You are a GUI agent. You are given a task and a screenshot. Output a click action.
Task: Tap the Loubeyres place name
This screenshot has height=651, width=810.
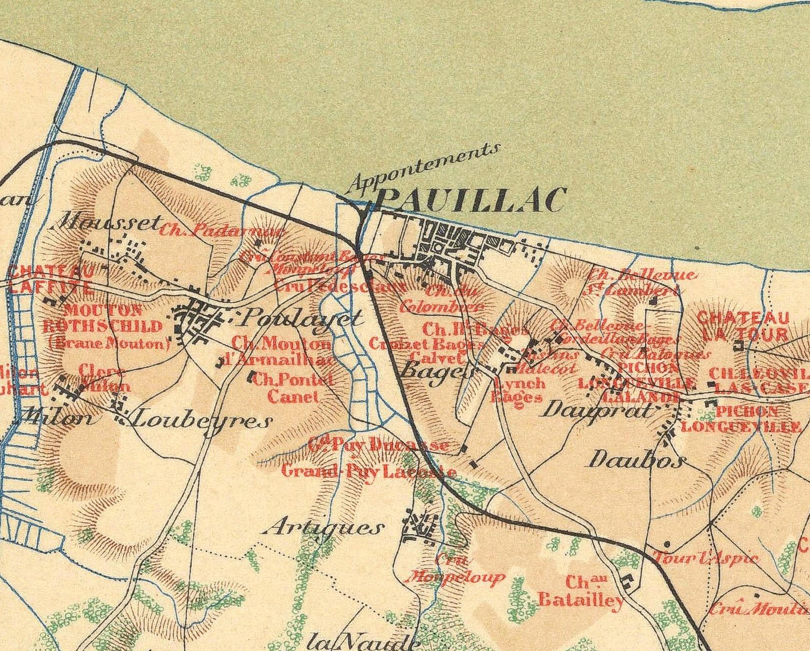coord(201,421)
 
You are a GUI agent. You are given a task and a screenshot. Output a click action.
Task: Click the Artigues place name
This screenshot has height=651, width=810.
coord(323,528)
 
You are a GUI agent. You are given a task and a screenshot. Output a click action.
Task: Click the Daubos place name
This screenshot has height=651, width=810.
coord(636,460)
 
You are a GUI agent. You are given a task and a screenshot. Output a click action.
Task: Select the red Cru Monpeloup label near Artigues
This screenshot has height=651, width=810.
coord(455,569)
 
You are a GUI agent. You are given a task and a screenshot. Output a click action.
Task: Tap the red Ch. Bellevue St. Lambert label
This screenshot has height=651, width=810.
coord(641,282)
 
